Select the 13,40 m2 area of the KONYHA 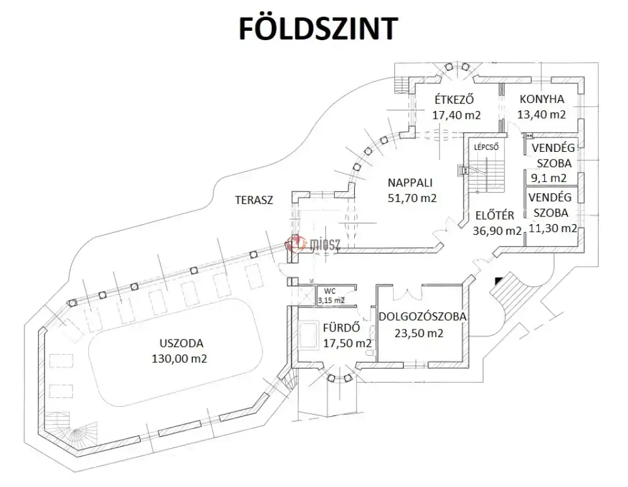541,114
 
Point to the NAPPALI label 411,183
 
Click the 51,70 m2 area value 411,198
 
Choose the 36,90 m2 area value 497,230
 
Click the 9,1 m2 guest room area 553,178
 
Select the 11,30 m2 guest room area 553,228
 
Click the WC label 330,291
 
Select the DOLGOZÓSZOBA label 422,317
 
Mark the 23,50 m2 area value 419,333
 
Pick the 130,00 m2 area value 179,359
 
